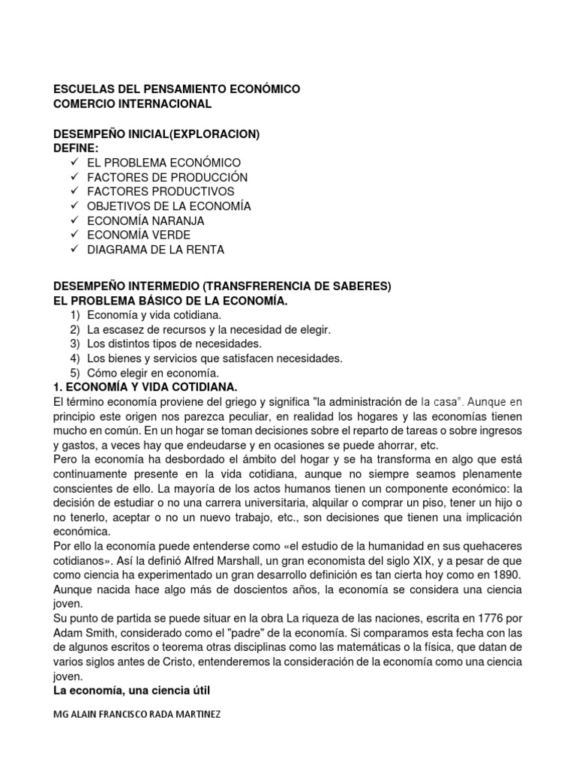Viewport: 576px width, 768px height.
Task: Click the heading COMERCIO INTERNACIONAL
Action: click(132, 103)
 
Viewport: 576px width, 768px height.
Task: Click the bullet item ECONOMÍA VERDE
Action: click(139, 235)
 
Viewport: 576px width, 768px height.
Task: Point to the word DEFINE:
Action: click(76, 148)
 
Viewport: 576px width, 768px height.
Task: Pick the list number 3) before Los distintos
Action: click(74, 344)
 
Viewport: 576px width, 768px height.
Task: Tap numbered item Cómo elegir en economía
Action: click(153, 373)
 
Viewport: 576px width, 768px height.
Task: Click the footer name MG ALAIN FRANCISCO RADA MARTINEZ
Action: click(137, 714)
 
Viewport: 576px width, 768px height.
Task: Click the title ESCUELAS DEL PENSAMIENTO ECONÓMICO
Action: click(176, 89)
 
